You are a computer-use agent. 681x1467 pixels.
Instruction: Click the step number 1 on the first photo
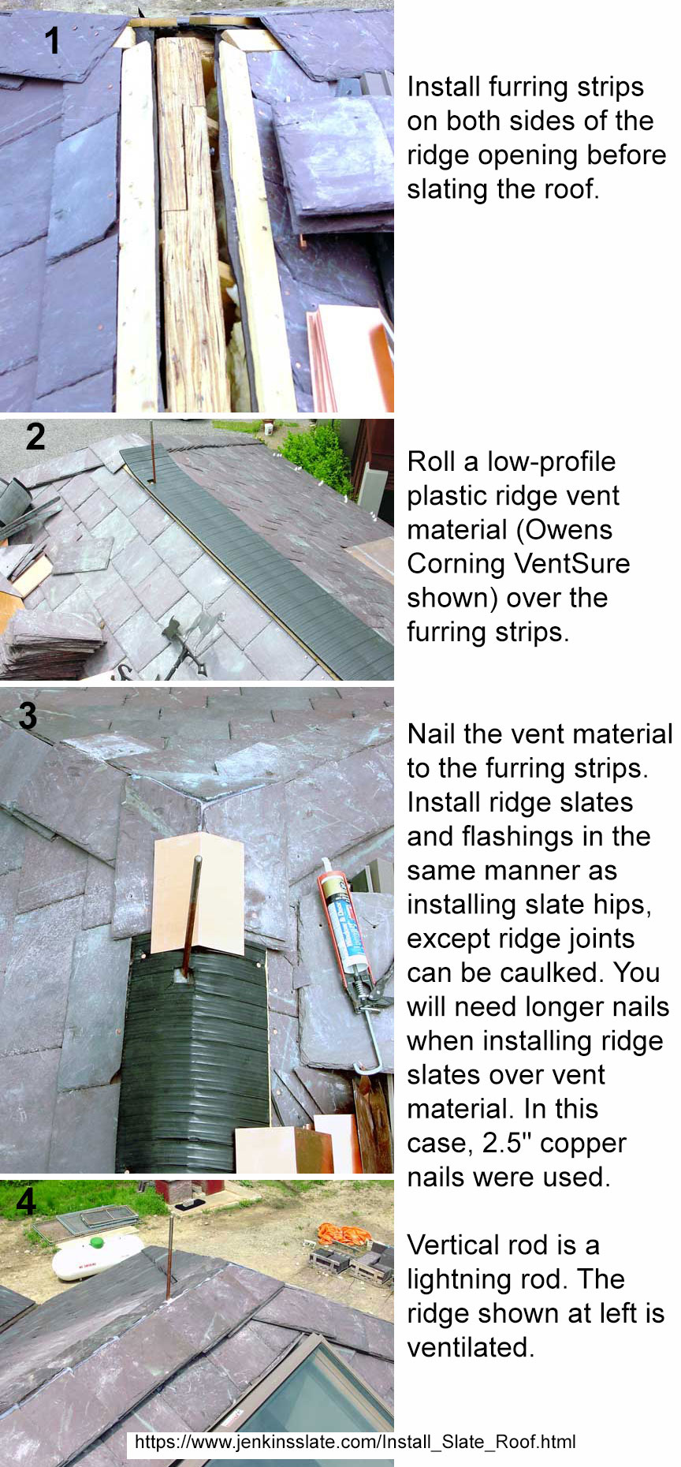coord(52,40)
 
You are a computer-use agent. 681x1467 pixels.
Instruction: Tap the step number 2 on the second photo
coord(35,437)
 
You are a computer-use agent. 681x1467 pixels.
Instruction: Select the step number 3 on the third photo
coord(28,715)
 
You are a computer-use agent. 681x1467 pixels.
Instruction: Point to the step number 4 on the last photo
coord(26,1200)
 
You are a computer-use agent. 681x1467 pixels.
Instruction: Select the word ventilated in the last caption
coord(471,1347)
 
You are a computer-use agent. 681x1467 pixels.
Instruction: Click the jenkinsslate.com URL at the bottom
coord(355,1442)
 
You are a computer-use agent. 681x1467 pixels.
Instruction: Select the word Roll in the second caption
coord(431,461)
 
